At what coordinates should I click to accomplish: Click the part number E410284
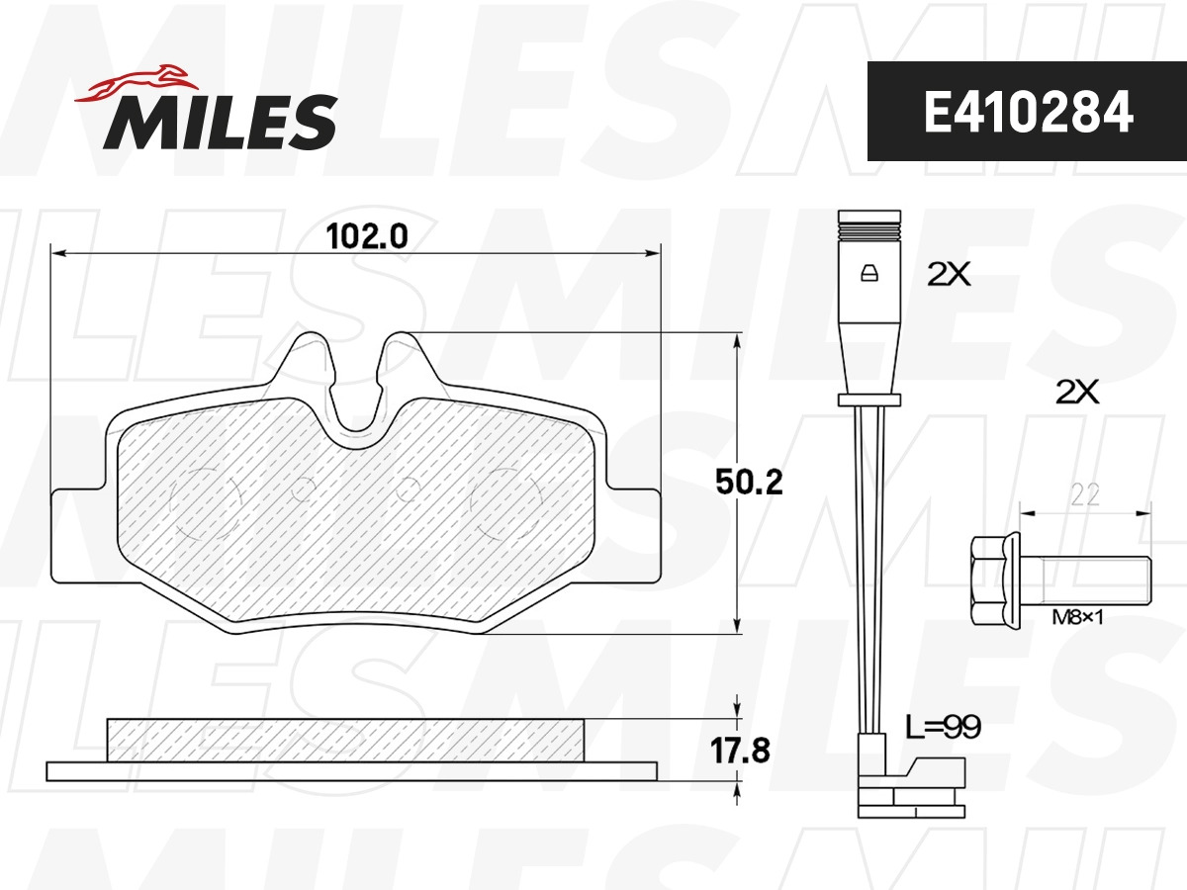pyautogui.click(x=1028, y=112)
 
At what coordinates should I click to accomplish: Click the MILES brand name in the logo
pyautogui.click(x=221, y=122)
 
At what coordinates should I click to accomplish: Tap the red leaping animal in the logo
pyautogui.click(x=137, y=83)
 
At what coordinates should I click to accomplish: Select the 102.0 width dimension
pyautogui.click(x=367, y=236)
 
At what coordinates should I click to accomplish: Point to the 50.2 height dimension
pyautogui.click(x=749, y=482)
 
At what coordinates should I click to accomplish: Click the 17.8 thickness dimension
pyautogui.click(x=740, y=751)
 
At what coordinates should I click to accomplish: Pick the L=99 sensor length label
pyautogui.click(x=944, y=727)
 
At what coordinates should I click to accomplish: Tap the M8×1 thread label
pyautogui.click(x=1077, y=617)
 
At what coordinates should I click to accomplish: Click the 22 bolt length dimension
pyautogui.click(x=1085, y=494)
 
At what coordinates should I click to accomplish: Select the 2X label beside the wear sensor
pyautogui.click(x=949, y=274)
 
